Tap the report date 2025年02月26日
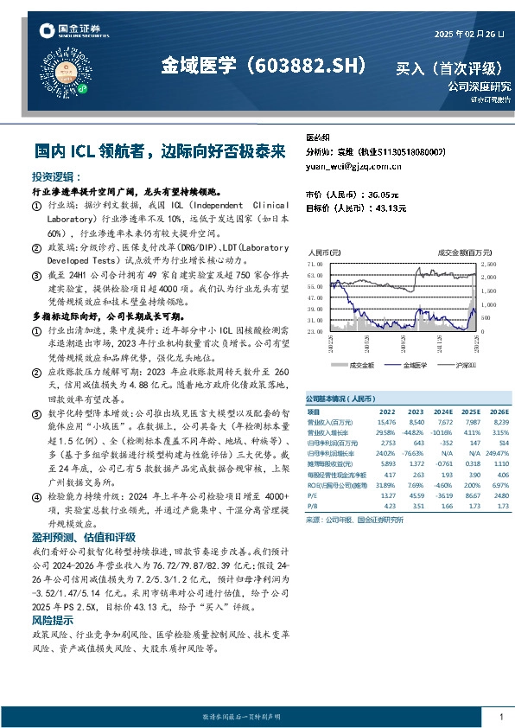coord(467,35)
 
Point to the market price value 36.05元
coord(387,195)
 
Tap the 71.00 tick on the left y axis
coord(314,261)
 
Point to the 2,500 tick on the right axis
coord(488,261)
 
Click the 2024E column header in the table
coord(441,412)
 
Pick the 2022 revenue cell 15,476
coord(386,422)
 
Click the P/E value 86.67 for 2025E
coord(469,495)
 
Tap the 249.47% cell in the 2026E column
coord(497,453)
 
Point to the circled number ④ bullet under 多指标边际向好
coord(35,498)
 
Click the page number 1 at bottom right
coord(500,718)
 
